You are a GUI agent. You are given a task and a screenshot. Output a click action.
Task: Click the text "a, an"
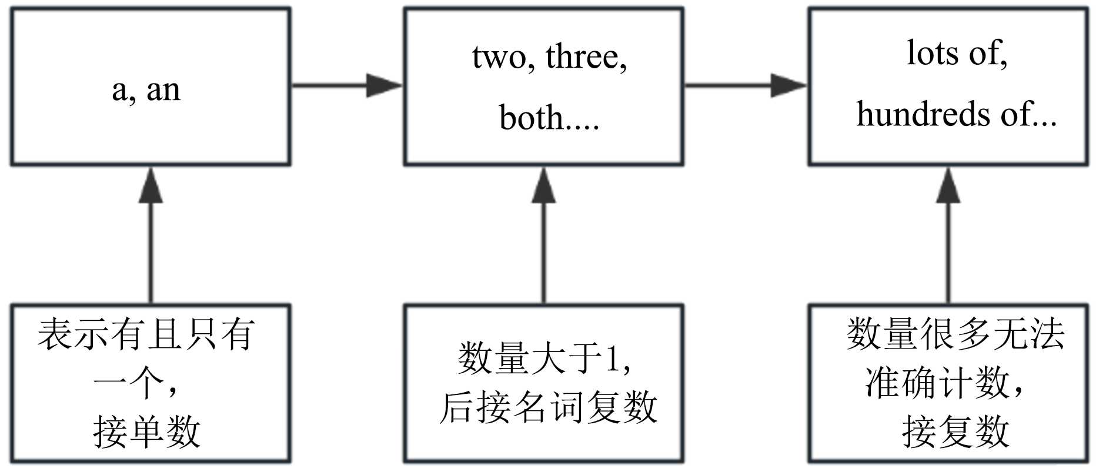click(146, 91)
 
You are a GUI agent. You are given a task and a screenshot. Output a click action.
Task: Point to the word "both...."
click(549, 117)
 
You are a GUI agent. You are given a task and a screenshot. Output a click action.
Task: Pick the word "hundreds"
click(924, 114)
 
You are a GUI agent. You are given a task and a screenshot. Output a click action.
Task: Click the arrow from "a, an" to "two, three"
click(347, 85)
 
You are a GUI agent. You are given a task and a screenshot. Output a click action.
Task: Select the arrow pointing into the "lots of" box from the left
click(746, 85)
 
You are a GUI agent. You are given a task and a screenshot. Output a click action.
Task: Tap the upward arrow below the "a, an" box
click(151, 235)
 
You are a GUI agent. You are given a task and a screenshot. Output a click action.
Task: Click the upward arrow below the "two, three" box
click(544, 235)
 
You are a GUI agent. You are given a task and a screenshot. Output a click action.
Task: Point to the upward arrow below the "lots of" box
click(948, 235)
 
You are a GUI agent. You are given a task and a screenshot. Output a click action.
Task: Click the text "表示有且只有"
click(146, 334)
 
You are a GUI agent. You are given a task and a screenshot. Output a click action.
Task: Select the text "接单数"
click(147, 432)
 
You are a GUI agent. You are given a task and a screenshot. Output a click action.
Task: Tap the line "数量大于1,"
click(544, 359)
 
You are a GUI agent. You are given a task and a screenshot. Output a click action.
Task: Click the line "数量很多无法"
click(955, 334)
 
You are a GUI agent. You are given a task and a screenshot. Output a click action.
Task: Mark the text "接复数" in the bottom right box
click(955, 432)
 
